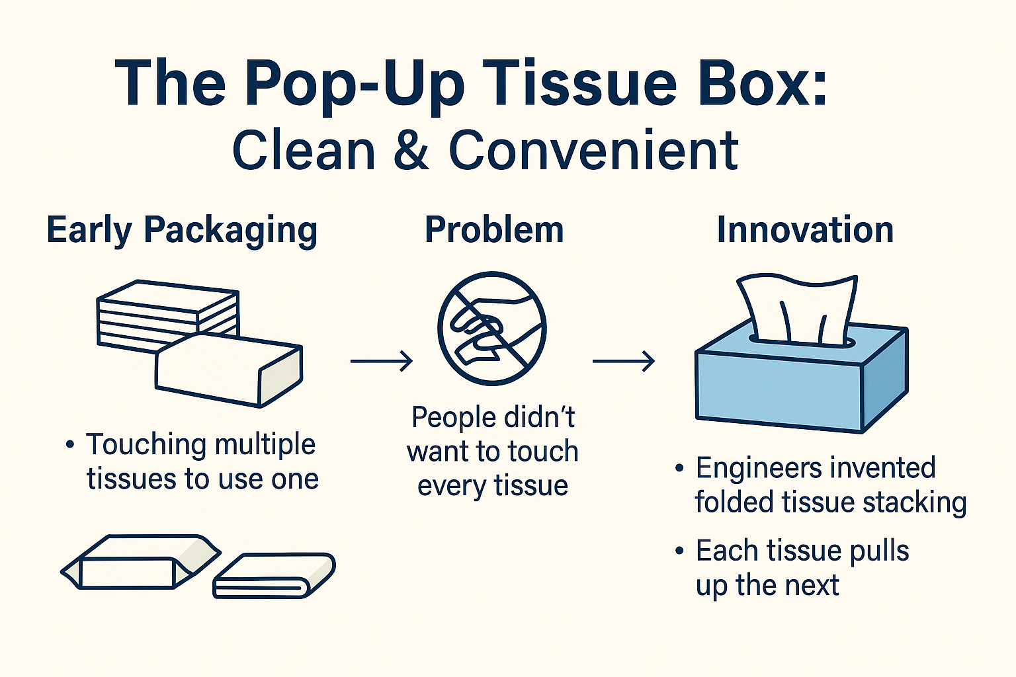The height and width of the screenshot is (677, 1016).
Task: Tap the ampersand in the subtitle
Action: click(411, 149)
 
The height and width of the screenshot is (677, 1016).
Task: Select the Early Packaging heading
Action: click(182, 230)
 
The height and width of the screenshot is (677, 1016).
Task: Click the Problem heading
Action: click(494, 230)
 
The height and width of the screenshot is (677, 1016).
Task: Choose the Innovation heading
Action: click(805, 230)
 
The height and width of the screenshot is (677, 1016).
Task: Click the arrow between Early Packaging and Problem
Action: click(382, 361)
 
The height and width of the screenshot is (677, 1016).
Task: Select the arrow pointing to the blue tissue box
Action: click(624, 361)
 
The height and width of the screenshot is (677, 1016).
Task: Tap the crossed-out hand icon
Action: click(492, 329)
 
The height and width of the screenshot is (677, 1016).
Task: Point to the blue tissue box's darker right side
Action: click(885, 383)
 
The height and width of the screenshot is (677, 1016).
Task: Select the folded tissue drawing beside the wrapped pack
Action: click(274, 575)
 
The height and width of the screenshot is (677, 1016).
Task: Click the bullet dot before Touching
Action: click(70, 444)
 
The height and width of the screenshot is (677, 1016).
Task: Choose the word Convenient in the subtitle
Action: click(593, 149)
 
